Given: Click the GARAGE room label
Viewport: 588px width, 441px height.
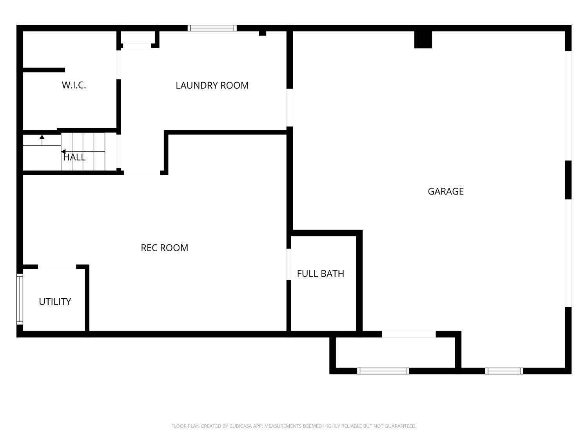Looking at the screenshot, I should pos(446,191).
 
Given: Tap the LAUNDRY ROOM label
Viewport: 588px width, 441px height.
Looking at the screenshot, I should pos(212,85).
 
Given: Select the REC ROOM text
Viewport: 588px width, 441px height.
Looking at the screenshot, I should pos(164,248).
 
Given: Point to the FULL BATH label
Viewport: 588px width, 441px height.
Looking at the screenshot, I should pos(320,274).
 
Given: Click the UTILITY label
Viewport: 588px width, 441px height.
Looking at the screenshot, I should pos(55,301).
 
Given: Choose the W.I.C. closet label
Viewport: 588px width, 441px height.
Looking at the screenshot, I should pos(74,85).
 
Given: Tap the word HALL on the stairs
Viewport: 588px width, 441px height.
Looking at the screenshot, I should pos(74,157).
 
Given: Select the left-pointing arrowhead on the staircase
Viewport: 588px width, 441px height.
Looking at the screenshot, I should pos(63,152).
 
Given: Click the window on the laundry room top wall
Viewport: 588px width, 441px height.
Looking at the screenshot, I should pos(212,28).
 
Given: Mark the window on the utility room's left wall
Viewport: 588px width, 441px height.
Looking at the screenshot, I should pos(20,299).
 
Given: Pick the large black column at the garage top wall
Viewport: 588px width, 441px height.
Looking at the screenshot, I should pos(423,40).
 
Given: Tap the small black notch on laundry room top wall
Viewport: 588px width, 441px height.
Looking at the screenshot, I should pos(262,33).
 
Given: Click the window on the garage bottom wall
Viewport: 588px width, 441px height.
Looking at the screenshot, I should pos(504,371).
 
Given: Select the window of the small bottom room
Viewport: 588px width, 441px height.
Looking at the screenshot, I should pos(383,371).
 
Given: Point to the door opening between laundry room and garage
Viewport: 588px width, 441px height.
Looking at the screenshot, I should pos(290,108).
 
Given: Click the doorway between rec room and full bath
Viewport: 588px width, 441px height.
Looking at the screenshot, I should pos(289,264).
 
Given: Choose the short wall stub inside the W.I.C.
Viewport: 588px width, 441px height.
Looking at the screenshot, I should pos(44,70).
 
